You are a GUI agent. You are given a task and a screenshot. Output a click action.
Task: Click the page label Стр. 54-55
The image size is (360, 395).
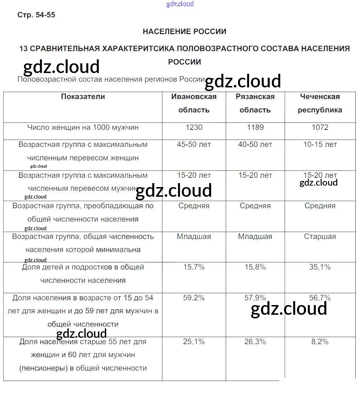click(x=36, y=15)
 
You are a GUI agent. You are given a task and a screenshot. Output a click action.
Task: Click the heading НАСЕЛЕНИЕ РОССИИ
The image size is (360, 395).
click(x=184, y=32)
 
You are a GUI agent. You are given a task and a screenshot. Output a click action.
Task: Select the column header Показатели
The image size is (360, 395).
click(x=83, y=96)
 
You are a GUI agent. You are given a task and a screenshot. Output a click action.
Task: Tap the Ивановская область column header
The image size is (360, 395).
click(x=194, y=103)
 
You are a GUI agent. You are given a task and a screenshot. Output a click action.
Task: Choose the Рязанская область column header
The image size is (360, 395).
click(x=255, y=103)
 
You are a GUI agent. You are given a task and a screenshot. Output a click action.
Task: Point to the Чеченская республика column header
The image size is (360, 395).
click(x=320, y=103)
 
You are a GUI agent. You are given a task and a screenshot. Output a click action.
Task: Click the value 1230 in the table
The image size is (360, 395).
click(x=194, y=127)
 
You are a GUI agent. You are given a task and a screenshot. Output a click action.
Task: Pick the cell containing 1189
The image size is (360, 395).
click(x=255, y=127)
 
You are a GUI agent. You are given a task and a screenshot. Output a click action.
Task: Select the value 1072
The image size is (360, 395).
click(x=320, y=127)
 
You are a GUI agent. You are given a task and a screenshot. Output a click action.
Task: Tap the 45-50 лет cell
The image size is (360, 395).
click(x=194, y=145)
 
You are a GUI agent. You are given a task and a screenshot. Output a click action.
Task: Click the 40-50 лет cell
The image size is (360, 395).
click(x=255, y=145)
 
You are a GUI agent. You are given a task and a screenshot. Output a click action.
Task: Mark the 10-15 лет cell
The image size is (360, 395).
click(x=320, y=145)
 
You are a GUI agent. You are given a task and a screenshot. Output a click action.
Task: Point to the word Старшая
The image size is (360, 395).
click(x=320, y=237)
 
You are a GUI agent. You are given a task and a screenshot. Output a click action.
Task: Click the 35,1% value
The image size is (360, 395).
click(x=320, y=267)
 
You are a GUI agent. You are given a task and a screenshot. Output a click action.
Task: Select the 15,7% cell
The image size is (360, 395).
click(x=194, y=267)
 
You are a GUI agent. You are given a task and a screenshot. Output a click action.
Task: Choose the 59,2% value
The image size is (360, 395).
click(x=194, y=298)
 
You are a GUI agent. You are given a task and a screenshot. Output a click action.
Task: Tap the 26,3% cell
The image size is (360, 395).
click(x=255, y=342)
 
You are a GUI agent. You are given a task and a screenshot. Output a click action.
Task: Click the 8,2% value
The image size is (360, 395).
click(x=320, y=342)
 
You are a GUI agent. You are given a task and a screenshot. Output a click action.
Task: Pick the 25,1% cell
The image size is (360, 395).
click(x=194, y=342)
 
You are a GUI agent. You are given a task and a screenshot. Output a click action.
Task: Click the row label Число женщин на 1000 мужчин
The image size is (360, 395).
click(x=83, y=127)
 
